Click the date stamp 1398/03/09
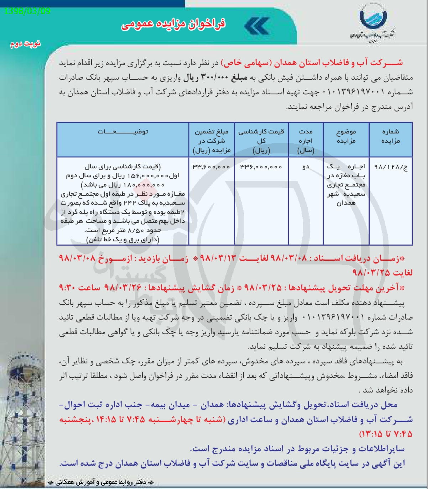(x=27, y=11)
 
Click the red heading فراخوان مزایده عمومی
(x=173, y=25)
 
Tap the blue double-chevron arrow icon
(x=256, y=26)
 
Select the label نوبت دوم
(x=25, y=44)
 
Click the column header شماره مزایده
(x=390, y=136)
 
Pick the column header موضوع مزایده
(x=346, y=136)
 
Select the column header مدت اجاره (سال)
(x=306, y=141)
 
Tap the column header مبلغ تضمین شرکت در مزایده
(x=212, y=141)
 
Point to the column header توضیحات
(x=123, y=132)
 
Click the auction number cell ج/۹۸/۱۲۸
(x=390, y=167)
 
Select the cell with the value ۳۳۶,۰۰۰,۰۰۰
(x=261, y=167)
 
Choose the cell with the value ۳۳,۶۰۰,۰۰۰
(x=212, y=167)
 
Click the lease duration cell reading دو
(x=306, y=167)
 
